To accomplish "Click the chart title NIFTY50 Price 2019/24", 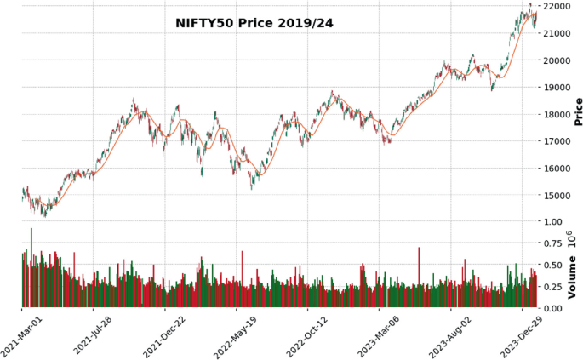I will tap(254, 23).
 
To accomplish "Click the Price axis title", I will tap(578, 111).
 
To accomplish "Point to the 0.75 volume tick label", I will tap(552, 243).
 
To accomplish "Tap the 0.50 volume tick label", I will tap(552, 265).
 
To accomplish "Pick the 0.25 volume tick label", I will tap(552, 287).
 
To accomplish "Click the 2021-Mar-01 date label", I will tap(23, 336).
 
